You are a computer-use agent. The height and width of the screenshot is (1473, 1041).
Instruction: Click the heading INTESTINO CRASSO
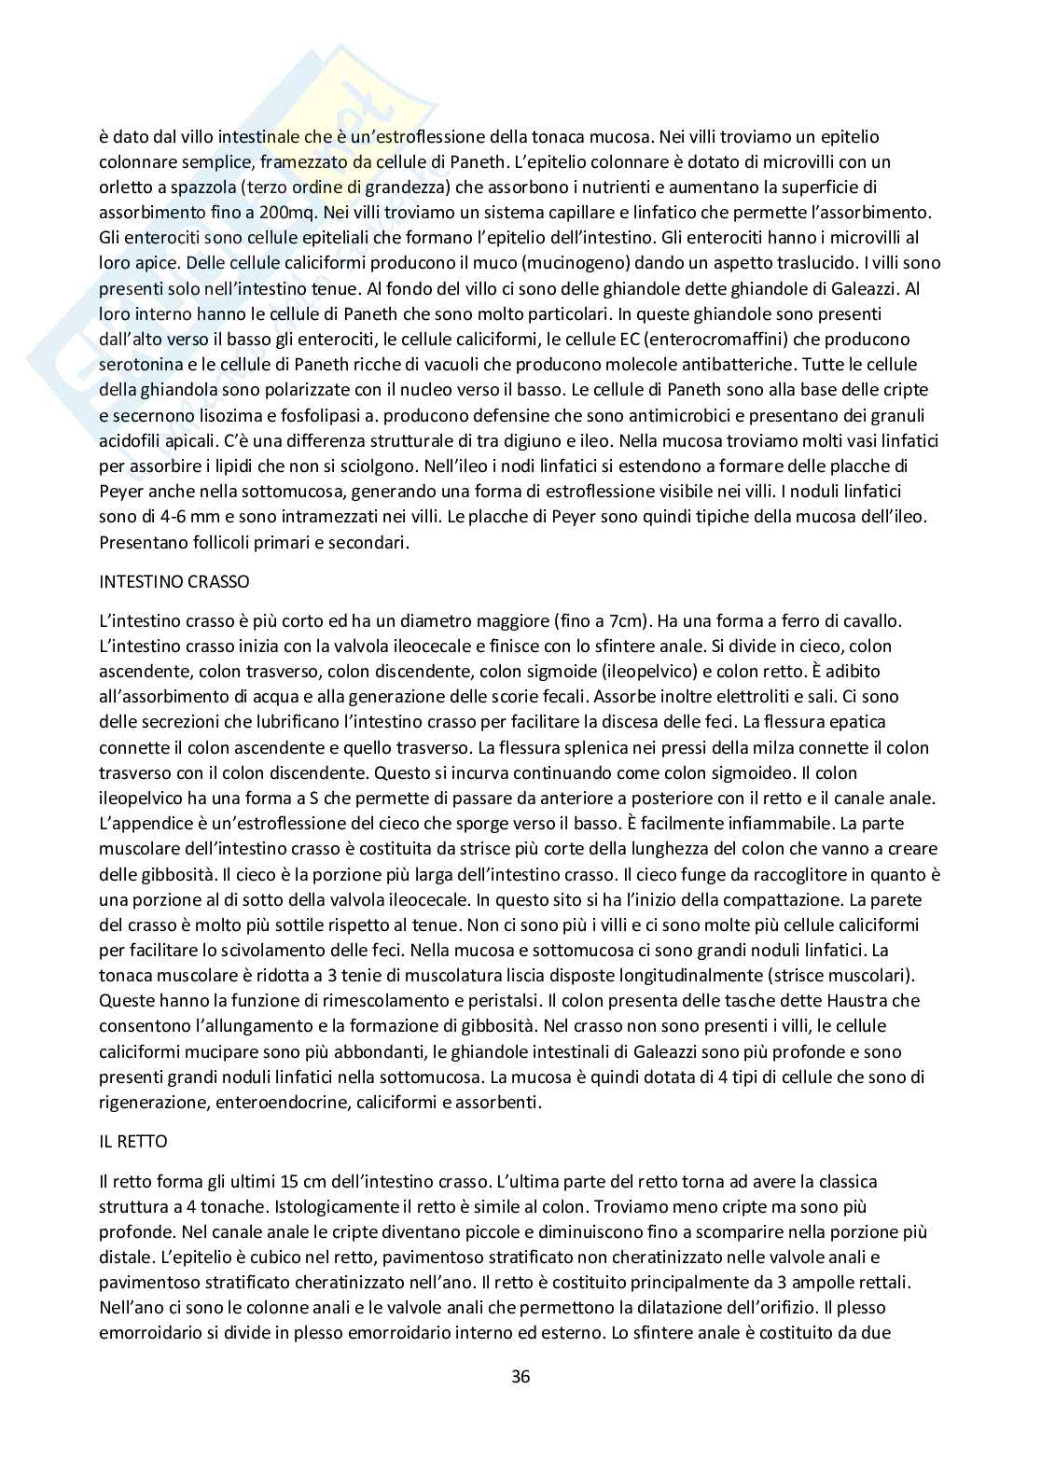[x=174, y=581]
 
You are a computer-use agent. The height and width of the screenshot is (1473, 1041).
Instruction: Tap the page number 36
[x=520, y=1376]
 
